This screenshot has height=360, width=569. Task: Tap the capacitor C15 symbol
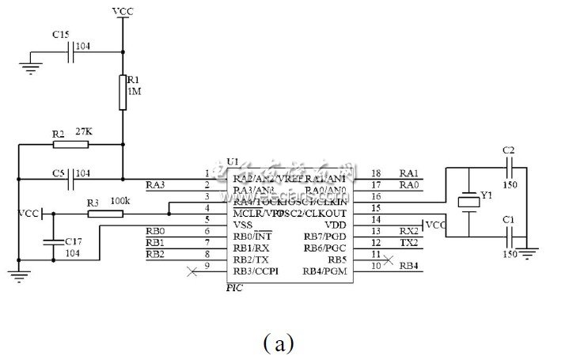[70, 52]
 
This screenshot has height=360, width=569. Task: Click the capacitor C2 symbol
[510, 168]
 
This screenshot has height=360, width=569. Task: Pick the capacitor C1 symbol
[510, 237]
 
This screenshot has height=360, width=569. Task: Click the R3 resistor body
[99, 213]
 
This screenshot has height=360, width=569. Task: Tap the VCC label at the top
[123, 11]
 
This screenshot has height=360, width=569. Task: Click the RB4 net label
[409, 265]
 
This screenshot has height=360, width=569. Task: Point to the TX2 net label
[408, 241]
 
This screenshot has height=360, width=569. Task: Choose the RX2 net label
[408, 229]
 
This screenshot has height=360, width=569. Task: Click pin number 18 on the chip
[376, 173]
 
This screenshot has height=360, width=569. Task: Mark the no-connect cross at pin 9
[190, 271]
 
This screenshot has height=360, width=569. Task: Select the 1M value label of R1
[134, 93]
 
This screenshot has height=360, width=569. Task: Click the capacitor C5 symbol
[70, 178]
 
